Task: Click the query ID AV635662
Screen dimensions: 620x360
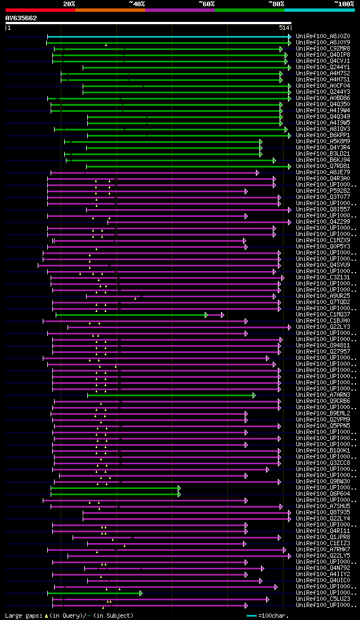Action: (21, 18)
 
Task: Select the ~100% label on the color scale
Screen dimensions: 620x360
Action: (344, 3)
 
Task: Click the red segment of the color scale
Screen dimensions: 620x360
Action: (40, 10)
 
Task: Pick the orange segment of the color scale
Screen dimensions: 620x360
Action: (110, 10)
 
